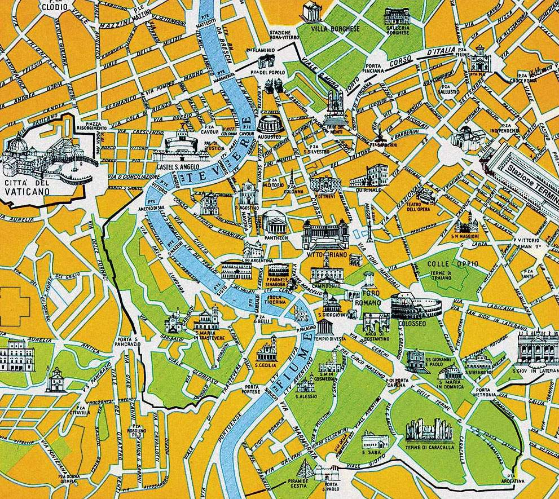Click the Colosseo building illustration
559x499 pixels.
click(417, 306)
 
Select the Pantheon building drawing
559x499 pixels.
click(275, 222)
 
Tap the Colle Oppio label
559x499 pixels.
click(444, 264)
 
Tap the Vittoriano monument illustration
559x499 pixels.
click(325, 235)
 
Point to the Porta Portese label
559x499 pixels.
click(252, 389)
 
